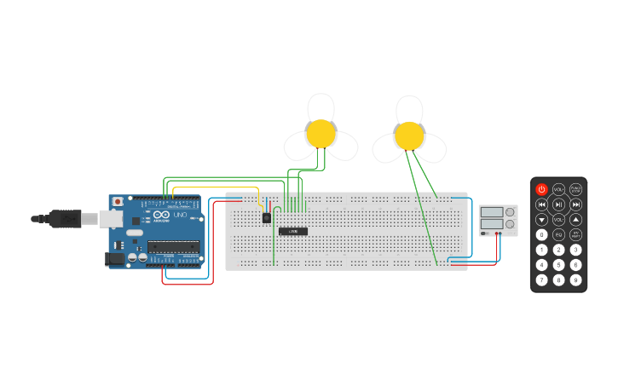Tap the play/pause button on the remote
(x=558, y=205)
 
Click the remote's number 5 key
(x=558, y=265)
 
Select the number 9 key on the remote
(x=576, y=279)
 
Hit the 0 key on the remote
(x=541, y=234)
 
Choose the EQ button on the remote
(x=558, y=234)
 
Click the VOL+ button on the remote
(x=558, y=189)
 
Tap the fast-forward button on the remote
(x=576, y=205)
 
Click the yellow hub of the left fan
(x=321, y=133)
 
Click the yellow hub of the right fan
(x=409, y=135)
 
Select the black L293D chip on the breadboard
(x=292, y=231)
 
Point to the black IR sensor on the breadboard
(x=267, y=217)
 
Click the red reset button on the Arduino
(x=118, y=202)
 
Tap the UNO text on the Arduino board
(x=180, y=215)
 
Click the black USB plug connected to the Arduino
(x=65, y=219)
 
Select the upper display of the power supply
(x=491, y=212)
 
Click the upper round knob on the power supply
(x=510, y=212)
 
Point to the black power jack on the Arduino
(x=114, y=258)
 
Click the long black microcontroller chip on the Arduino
(x=174, y=246)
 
